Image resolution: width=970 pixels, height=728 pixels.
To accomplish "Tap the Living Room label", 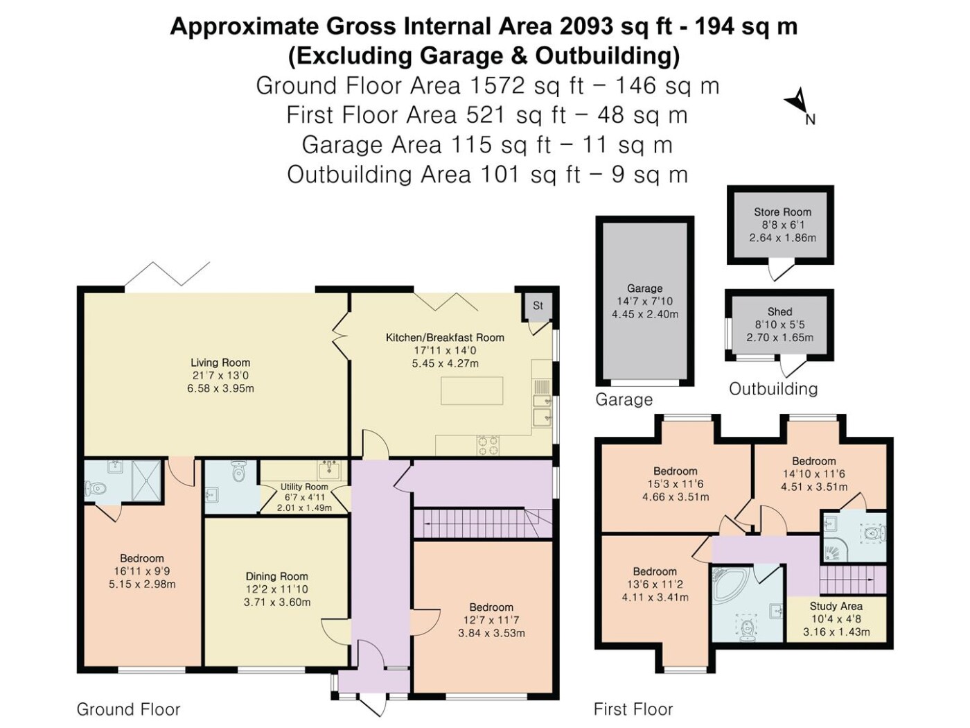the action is (220, 363).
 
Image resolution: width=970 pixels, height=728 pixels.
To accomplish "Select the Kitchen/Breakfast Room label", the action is (445, 338).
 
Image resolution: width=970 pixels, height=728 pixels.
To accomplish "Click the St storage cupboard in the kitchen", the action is (538, 306).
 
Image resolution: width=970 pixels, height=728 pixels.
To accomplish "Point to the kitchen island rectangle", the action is (472, 391).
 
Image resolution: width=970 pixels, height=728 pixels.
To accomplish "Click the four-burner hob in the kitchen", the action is (488, 445).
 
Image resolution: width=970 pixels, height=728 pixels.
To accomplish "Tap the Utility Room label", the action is (304, 487).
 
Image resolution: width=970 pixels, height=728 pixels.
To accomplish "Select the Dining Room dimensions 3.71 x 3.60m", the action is (277, 602).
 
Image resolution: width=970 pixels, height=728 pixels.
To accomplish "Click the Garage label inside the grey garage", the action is (645, 288).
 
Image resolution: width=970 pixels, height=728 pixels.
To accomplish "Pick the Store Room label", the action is (783, 211).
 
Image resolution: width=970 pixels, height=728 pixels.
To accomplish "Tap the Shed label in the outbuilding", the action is (779, 311).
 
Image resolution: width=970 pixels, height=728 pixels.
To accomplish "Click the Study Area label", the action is (836, 606).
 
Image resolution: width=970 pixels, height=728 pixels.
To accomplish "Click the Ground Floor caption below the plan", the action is (129, 709).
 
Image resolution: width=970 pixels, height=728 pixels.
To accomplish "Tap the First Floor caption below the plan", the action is (633, 709).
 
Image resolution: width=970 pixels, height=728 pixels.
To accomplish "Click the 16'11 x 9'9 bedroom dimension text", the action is (142, 571).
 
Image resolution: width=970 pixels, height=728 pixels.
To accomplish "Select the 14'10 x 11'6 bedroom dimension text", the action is (813, 474).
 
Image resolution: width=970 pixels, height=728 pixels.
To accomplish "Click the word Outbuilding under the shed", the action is (773, 389).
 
